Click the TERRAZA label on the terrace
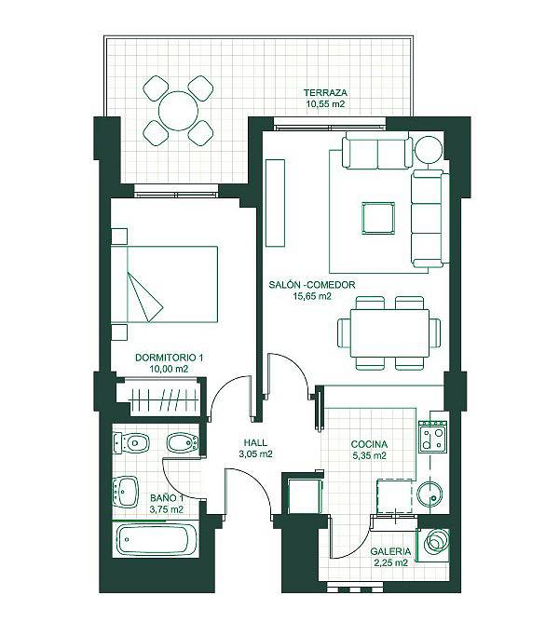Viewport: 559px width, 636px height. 325,92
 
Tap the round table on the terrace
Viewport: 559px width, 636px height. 178,111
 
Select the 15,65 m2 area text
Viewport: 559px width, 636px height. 312,296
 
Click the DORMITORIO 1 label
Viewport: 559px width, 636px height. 169,358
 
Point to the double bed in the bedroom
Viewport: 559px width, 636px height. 164,284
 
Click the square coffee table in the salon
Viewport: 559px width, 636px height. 378,218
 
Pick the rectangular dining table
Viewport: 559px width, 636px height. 389,333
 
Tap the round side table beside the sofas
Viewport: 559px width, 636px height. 428,150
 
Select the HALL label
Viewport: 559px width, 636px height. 255,442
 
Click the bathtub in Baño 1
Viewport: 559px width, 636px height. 156,540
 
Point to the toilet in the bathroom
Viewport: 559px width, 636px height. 131,443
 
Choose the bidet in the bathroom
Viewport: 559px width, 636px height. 183,443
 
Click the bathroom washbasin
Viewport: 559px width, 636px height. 126,492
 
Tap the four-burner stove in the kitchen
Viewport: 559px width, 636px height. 433,436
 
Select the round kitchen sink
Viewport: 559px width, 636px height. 430,494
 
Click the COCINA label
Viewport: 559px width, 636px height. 369,444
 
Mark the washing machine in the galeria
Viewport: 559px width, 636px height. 434,542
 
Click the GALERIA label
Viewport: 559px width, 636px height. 390,551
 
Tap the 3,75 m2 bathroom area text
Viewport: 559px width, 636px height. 167,509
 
